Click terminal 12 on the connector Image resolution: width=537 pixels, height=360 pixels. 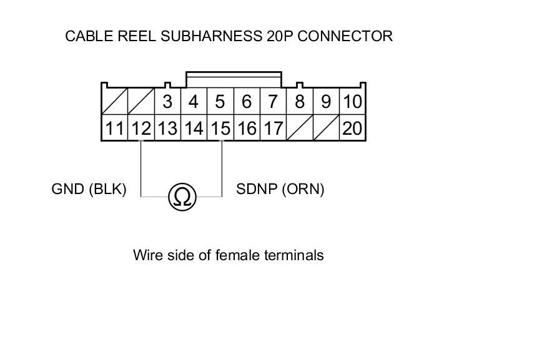[x=141, y=129]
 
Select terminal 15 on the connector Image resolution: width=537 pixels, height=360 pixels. [x=220, y=129]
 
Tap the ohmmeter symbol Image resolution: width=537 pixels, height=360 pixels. [x=182, y=197]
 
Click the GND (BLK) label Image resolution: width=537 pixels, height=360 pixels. [x=89, y=189]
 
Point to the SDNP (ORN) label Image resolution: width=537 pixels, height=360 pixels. [x=280, y=189]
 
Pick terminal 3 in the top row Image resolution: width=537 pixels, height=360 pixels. [x=167, y=101]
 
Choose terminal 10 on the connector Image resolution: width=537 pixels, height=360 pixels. [x=352, y=101]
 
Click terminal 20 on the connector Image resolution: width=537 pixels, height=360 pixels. [x=352, y=129]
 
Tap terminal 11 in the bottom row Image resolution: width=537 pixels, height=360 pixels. [x=114, y=129]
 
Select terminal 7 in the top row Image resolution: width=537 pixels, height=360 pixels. [x=272, y=101]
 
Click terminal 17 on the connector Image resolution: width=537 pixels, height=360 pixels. [x=272, y=129]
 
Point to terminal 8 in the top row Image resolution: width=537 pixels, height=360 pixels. [x=300, y=101]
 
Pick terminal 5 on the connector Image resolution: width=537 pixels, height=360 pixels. [x=220, y=101]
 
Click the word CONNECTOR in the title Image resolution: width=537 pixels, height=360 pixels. [x=345, y=36]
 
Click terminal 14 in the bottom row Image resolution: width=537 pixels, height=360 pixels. [x=194, y=129]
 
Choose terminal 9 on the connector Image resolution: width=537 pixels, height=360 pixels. [x=325, y=101]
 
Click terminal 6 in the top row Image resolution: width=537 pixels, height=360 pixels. [x=247, y=101]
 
